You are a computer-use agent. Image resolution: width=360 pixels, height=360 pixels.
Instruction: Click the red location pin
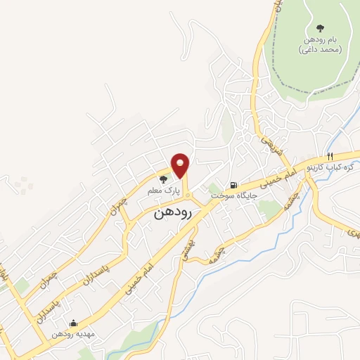coord(181,165)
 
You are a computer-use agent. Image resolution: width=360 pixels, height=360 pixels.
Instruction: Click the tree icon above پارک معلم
coord(164,180)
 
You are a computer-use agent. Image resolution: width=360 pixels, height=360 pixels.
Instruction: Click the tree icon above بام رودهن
coord(320,29)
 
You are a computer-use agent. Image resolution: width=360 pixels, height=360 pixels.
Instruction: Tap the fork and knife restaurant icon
coord(328,156)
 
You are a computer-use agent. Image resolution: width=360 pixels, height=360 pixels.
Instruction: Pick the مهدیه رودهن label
coord(75,335)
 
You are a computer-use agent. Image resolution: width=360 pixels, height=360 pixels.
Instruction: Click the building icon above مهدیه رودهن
coord(74,324)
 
